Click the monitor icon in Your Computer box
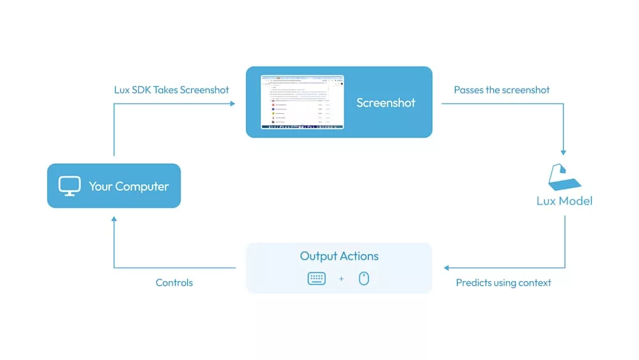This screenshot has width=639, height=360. pos(70,186)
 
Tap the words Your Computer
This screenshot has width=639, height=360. pos(128,187)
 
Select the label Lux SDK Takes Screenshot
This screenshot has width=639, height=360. pos(171,90)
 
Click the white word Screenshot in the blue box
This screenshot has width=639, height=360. pos(385,103)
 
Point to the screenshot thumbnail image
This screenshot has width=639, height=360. pos(302,102)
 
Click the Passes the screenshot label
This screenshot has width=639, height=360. pos(502,90)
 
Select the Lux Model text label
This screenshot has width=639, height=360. pos(564,201)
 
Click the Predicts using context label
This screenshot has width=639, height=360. pos(504,283)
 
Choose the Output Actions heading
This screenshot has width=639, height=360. pos(339,256)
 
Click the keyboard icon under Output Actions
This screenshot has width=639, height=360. pos(316,278)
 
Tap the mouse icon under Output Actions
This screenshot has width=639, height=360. pos(364,278)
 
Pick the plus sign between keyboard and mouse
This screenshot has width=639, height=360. pos(341,279)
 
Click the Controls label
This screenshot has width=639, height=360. pos(174,283)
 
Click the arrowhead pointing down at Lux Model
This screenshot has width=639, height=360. pos(564,152)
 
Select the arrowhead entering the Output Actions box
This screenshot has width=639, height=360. pos(447,268)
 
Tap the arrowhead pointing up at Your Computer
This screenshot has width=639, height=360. pos(114,219)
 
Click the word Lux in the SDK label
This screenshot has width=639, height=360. pos(122,90)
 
